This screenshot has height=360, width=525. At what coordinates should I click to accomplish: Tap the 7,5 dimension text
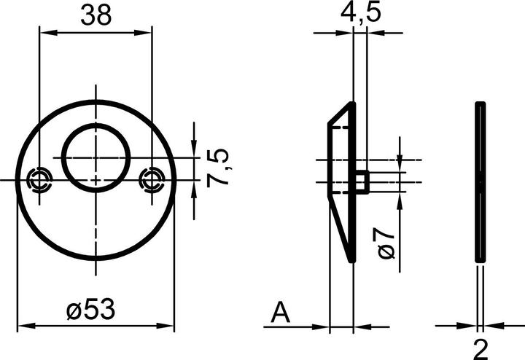coord(218,168)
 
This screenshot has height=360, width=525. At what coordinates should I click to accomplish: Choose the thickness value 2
coord(481,347)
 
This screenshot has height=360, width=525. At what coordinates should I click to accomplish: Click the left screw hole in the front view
coord(39,179)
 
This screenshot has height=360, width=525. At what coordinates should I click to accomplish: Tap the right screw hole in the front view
coord(152,179)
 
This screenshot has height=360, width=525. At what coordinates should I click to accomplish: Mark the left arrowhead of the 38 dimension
coord(44,31)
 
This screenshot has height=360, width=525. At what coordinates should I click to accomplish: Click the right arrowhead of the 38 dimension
coord(147,31)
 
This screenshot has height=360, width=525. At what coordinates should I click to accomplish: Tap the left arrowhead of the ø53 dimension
coord(22,326)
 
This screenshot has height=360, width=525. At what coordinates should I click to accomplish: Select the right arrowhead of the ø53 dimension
coord(169,326)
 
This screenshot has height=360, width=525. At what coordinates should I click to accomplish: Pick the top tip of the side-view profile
coord(352,104)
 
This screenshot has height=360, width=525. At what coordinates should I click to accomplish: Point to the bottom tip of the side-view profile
coord(353,259)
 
